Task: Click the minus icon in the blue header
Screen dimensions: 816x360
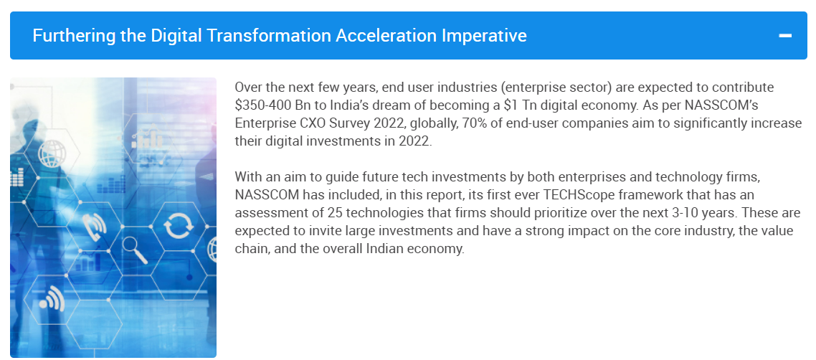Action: click(x=784, y=36)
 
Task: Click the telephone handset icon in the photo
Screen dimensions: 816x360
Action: click(x=94, y=224)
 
